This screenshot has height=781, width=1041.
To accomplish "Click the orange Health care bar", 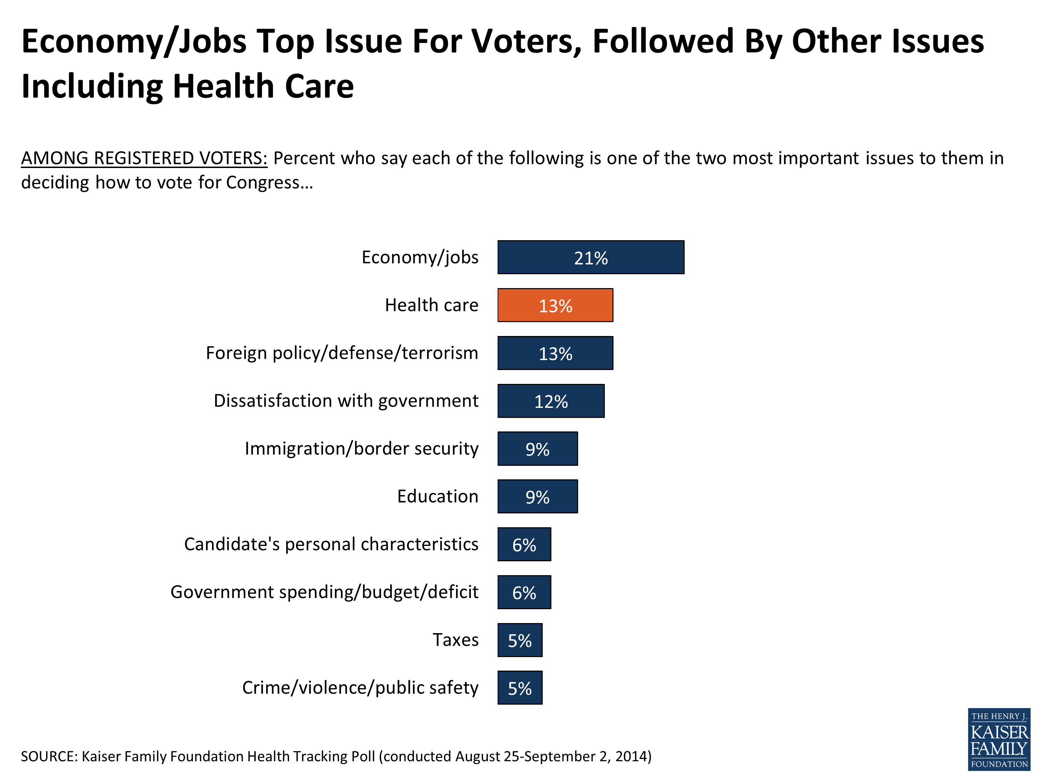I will coord(555,305).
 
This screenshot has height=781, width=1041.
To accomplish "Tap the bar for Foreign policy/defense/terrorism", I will coord(555,353).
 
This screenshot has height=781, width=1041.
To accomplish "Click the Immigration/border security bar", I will coord(538,448).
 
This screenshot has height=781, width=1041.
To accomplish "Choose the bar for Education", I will coord(538,496).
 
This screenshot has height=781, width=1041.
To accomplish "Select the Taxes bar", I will coord(519,640).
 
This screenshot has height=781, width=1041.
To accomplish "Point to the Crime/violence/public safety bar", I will coord(519,687).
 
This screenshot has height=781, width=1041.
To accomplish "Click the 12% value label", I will coord(551,402).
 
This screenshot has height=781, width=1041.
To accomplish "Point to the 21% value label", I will coord(591,258).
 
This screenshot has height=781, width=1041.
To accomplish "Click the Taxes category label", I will coord(455,640).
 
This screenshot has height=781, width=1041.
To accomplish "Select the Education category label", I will coord(437,496).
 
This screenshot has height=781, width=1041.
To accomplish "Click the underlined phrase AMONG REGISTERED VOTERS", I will coord(144,158).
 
